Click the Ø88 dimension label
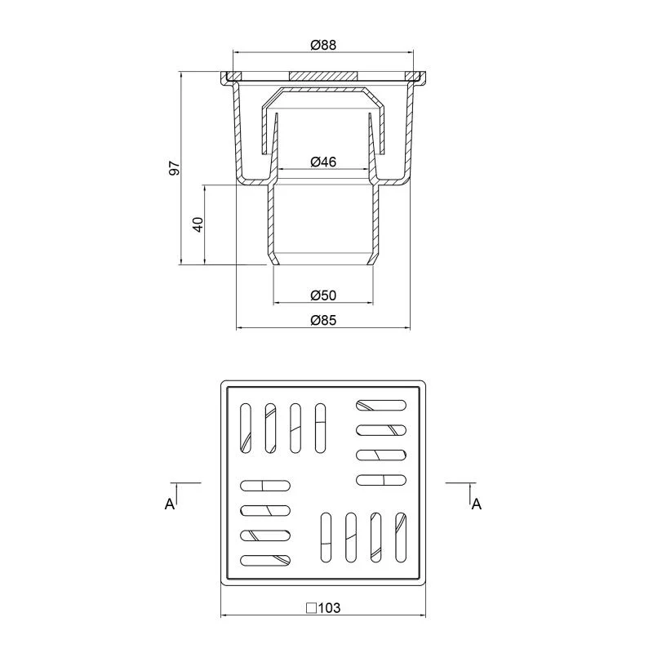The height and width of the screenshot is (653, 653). click(x=323, y=45)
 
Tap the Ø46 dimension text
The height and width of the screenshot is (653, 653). click(x=323, y=162)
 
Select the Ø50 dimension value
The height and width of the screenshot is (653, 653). click(x=323, y=295)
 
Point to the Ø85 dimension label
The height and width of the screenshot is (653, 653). click(x=323, y=320)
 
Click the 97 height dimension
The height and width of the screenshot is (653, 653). click(x=175, y=168)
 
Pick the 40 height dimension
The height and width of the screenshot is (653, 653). click(x=198, y=224)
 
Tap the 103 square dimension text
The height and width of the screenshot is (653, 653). click(x=331, y=608)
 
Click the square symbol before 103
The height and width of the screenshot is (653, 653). click(x=311, y=608)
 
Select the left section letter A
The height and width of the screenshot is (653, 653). click(x=170, y=504)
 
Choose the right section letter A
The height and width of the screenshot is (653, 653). click(x=477, y=504)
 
